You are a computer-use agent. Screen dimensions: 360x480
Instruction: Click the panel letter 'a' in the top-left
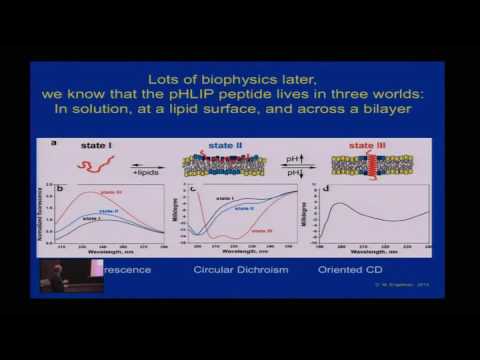coord(54,143)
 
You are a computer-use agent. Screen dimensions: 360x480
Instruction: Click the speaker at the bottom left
coord(56,275)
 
